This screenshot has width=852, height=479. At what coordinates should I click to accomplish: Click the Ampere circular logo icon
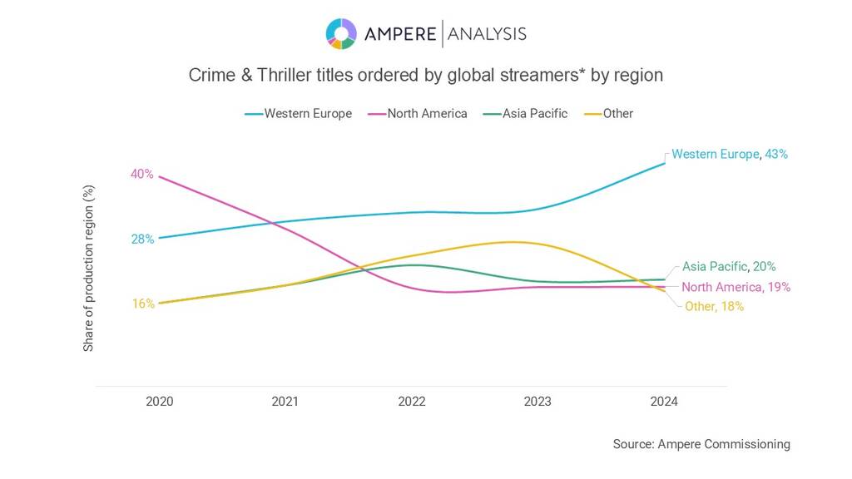341,33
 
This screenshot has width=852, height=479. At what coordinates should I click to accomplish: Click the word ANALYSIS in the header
488,33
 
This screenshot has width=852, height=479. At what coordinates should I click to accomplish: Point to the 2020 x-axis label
159,402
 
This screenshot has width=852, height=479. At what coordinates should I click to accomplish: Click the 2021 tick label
285,402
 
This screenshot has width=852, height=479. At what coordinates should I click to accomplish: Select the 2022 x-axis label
412,402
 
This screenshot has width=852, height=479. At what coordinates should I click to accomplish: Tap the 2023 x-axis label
537,402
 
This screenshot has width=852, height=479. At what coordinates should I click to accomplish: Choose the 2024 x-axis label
664,402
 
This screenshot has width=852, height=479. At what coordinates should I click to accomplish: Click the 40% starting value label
141,174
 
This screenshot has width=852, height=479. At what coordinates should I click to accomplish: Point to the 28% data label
141,239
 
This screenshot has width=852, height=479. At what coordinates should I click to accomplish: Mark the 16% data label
143,304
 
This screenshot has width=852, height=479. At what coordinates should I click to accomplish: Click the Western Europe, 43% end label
729,154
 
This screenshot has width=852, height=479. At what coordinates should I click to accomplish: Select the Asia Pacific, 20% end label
729,267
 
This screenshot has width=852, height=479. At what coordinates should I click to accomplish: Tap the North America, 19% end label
736,287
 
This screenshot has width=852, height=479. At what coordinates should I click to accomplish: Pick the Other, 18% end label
714,306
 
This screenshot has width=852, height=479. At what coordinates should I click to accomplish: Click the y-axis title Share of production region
88,268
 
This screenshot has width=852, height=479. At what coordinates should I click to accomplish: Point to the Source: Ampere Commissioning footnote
701,444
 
